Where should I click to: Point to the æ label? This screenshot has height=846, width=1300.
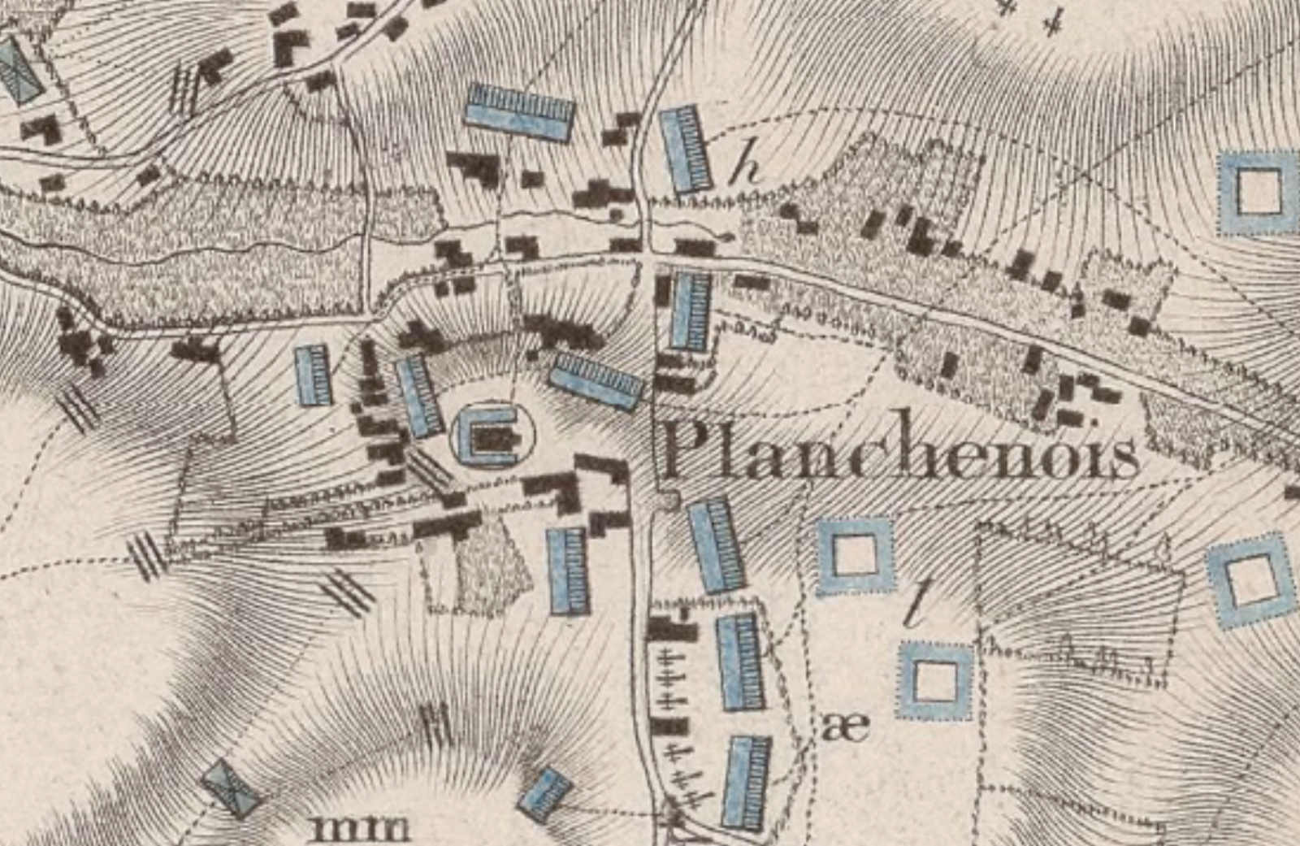846,725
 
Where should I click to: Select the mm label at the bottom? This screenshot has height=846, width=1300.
361,828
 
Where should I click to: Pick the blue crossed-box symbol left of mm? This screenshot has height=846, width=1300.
232,787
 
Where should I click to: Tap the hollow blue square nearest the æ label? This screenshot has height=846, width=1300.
935,681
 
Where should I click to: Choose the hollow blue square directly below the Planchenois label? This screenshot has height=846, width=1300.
855,557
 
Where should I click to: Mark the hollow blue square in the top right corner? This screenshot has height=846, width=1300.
1259,192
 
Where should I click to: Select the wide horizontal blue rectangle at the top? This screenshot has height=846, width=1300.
519,112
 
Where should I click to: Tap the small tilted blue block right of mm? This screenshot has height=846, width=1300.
545,792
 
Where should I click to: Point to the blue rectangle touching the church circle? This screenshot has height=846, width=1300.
418,396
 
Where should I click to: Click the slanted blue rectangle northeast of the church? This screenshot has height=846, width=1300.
597,380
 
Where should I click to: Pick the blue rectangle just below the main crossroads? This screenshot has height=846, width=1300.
690,310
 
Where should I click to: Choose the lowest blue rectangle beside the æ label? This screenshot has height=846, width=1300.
747,783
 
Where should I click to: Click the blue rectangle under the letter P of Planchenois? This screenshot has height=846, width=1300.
716,545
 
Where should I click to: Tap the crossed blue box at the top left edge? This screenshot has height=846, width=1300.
16,68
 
